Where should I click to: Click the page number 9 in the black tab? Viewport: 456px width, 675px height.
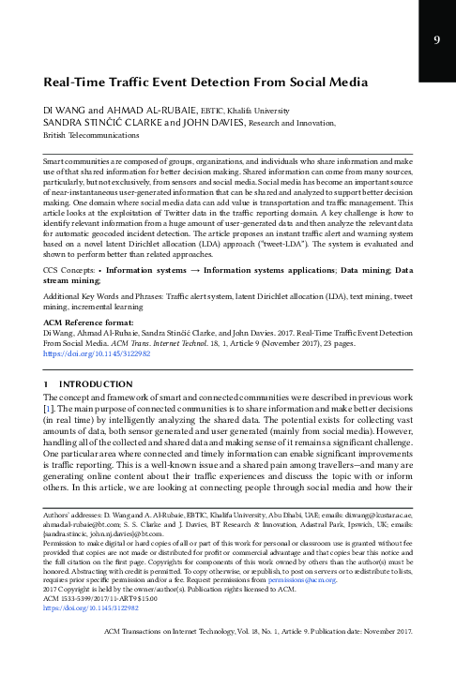437,40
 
